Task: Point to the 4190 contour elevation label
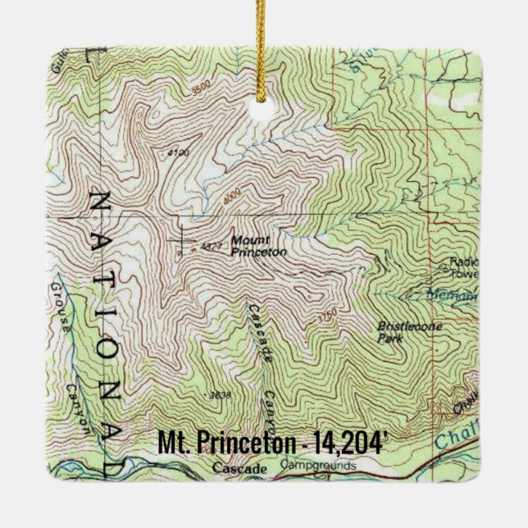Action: [177, 153]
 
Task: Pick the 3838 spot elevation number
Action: [219, 396]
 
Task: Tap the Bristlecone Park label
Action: [403, 329]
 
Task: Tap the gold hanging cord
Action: [263, 41]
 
